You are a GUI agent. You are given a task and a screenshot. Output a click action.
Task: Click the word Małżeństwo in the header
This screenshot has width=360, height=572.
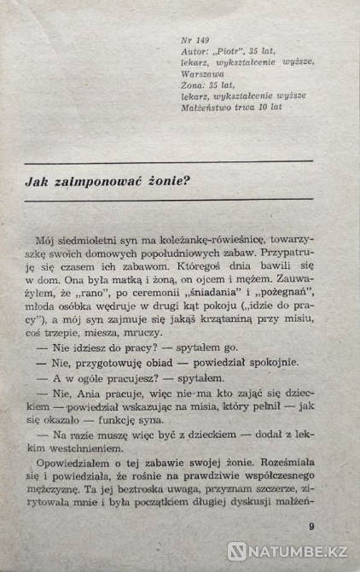(x=212, y=108)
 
